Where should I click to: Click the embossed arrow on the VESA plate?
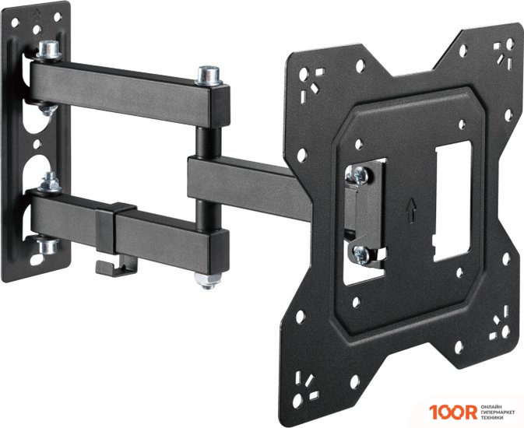tap(410, 209)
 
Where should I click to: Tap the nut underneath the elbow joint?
tap(208, 277)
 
